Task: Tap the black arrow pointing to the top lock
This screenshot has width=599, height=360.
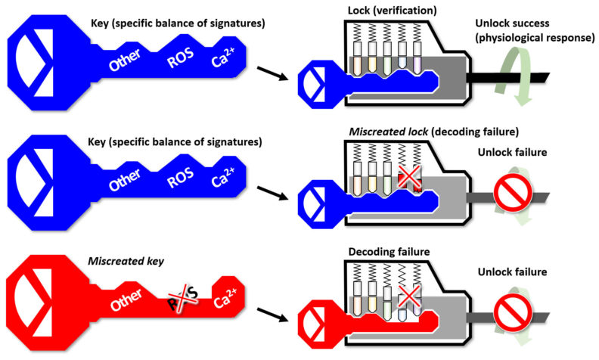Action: coord(269,75)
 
